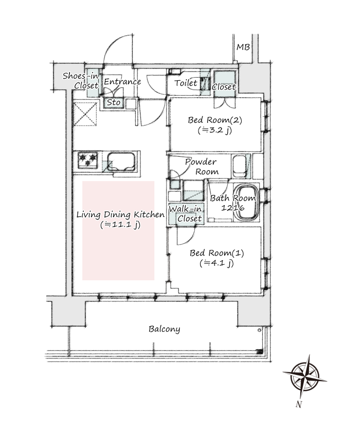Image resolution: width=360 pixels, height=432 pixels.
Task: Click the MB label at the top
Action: coord(243,47)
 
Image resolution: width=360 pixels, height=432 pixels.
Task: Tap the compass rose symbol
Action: coord(305,376)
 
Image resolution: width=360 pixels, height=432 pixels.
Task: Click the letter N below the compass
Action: coord(299,404)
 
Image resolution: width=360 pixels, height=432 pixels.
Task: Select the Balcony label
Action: coord(164,329)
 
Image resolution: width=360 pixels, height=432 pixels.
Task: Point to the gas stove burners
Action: coord(88,160)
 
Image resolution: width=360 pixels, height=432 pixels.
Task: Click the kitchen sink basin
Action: coord(121,161)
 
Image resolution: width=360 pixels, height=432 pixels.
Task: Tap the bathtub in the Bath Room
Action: coord(246,203)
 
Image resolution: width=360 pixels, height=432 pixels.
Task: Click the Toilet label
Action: coord(186,83)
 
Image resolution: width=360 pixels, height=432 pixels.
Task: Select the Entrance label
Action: coord(122,82)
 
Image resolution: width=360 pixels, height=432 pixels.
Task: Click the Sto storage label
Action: coord(114,102)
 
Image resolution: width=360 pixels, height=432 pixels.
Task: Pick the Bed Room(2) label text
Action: coord(215,120)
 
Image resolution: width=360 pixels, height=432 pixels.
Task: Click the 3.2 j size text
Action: coord(215,130)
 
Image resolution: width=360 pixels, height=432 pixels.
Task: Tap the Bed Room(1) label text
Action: coord(217,253)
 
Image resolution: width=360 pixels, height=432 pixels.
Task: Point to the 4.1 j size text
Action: coord(217,263)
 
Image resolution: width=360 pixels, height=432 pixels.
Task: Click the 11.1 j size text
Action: coord(120,225)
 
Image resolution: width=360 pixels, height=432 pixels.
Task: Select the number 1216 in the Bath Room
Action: coord(233,208)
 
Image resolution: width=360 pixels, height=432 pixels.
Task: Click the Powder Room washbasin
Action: coord(239,167)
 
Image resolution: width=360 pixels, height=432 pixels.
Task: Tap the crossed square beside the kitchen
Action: coord(85,114)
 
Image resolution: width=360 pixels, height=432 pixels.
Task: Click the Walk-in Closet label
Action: coord(186,214)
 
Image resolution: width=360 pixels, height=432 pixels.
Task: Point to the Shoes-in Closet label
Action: coord(80,81)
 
